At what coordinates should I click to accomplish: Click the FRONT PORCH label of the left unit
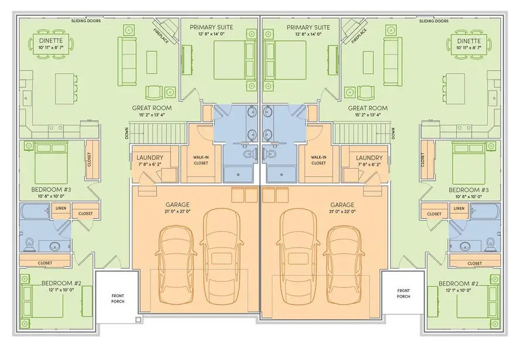pyautogui.click(x=118, y=299)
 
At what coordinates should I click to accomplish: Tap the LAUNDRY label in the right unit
pyautogui.click(x=369, y=157)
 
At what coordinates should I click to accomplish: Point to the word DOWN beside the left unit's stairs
pyautogui.click(x=126, y=133)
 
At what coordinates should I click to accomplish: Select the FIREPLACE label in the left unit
pyautogui.click(x=161, y=36)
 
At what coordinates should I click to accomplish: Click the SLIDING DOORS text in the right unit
pyautogui.click(x=433, y=21)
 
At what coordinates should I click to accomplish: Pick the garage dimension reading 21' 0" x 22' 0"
pyautogui.click(x=342, y=212)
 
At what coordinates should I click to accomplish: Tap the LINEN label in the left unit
pyautogui.click(x=61, y=208)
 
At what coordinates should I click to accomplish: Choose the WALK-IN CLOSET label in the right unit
pyautogui.click(x=319, y=160)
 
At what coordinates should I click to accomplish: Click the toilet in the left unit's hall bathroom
pyautogui.click(x=30, y=244)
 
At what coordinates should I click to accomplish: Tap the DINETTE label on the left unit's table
pyautogui.click(x=51, y=40)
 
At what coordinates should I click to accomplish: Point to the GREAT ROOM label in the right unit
pyautogui.click(x=367, y=108)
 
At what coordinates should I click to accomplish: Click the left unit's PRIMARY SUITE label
pyautogui.click(x=211, y=28)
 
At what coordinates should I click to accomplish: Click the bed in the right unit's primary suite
pyautogui.click(x=286, y=60)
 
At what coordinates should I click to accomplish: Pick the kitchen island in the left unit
pyautogui.click(x=64, y=89)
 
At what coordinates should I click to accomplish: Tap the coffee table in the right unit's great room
pyautogui.click(x=368, y=62)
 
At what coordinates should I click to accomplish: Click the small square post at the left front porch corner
pyautogui.click(x=138, y=320)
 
